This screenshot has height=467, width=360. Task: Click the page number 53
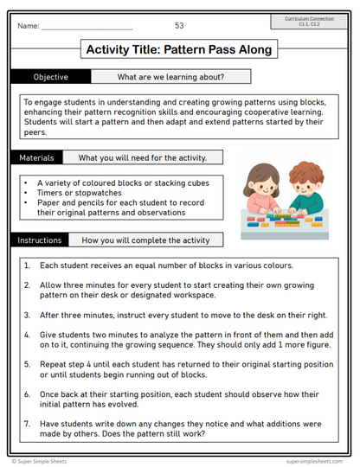pyautogui.click(x=179, y=26)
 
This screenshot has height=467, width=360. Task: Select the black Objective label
pyautogui.click(x=51, y=77)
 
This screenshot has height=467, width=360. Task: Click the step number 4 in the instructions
pyautogui.click(x=28, y=333)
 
